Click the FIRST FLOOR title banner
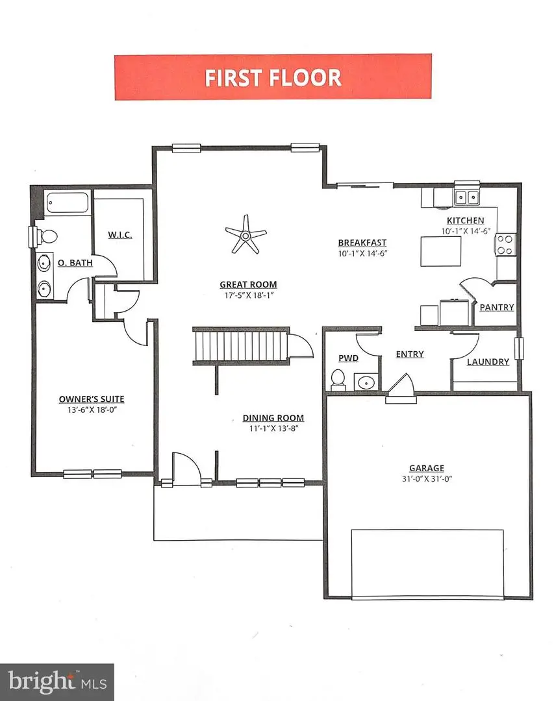click(273, 77)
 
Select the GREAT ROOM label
click(248, 284)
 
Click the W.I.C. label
click(120, 235)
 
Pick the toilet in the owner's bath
click(45, 236)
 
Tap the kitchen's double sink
click(466, 197)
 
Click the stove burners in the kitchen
click(505, 245)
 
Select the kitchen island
click(441, 251)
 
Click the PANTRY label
click(497, 307)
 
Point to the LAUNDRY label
click(488, 362)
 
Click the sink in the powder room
click(366, 382)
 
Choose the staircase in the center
click(240, 345)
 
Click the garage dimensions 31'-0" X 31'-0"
click(427, 479)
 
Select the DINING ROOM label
click(273, 418)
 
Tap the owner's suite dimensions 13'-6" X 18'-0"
click(92, 410)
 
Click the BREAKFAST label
click(362, 243)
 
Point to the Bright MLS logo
click(57, 682)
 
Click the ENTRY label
click(409, 354)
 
